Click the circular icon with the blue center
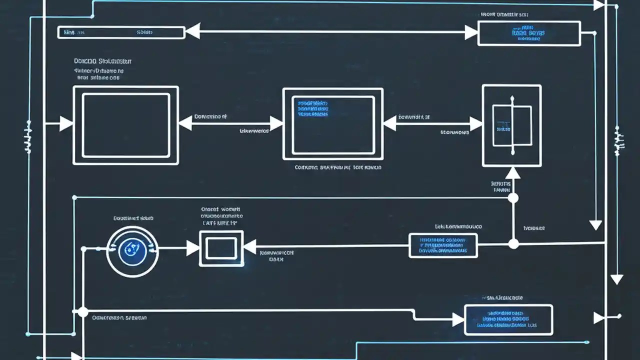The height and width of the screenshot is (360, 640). tap(132, 251)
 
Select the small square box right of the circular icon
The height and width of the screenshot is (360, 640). tap(221, 248)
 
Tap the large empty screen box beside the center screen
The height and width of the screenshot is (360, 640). tap(125, 125)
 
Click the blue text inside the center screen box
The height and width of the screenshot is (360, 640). tap(313, 108)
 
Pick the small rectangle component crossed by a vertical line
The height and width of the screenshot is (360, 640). tap(511, 125)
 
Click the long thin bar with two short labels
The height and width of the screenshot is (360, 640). tap(121, 32)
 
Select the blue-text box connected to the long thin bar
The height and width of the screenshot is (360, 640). tap(528, 33)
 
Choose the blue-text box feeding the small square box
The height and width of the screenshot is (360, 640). tap(443, 245)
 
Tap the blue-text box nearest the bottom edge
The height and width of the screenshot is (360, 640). tap(508, 320)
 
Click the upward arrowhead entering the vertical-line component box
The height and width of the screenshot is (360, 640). tap(512, 173)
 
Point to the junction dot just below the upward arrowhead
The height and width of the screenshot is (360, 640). tap(513, 198)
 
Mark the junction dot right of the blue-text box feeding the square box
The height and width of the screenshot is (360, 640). tap(513, 244)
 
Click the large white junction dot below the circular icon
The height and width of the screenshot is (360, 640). tap(82, 312)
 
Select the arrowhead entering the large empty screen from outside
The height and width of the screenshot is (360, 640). tap(66, 123)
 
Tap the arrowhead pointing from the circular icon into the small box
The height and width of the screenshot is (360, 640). tap(193, 247)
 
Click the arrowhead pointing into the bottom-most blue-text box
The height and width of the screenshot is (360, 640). tap(458, 319)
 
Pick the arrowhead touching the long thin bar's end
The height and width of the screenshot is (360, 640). tap(192, 31)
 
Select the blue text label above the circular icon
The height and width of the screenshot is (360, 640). tap(132, 218)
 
